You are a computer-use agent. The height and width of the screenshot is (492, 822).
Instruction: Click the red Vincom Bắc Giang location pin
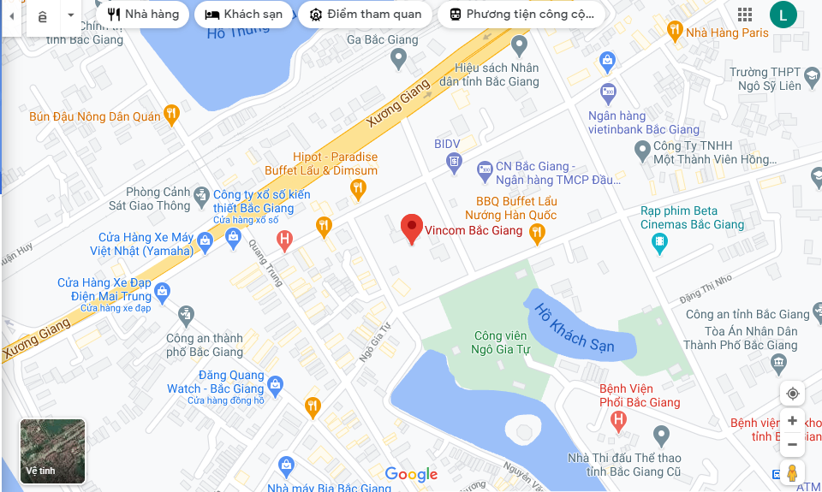pos(412,228)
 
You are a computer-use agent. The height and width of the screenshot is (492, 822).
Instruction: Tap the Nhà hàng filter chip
pos(143,15)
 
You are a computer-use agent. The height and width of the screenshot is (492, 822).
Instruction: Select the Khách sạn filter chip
pos(244,15)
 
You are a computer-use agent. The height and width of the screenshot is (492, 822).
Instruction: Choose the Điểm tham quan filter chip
pos(366,15)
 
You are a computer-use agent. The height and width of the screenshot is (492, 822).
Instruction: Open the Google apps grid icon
pos(745,15)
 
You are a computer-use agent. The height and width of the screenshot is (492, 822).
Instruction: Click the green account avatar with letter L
pos(783,15)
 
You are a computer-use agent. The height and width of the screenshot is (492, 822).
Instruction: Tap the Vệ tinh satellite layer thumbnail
pos(53,450)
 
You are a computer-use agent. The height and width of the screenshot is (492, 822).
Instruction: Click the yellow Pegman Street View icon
pos(792,473)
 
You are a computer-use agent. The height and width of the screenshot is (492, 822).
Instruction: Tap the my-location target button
pos(792,394)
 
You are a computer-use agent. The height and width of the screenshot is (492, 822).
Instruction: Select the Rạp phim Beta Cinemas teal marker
pos(658,243)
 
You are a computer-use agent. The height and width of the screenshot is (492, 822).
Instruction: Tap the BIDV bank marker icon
pos(454,160)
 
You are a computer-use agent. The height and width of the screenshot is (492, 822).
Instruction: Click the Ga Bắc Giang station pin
pos(398,58)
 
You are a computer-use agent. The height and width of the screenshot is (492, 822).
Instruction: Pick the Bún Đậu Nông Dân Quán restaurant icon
pos(172,113)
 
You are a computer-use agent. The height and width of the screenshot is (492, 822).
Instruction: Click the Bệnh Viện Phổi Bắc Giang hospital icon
pos(618,420)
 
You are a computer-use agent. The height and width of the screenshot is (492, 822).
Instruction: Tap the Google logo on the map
pos(411,475)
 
